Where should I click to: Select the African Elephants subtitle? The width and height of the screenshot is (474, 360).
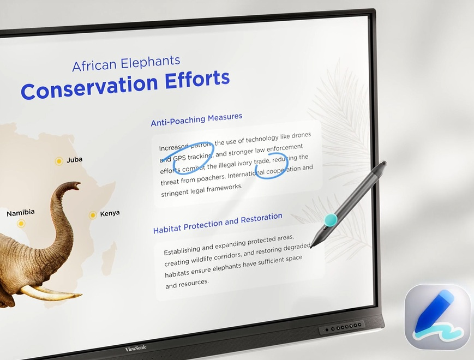[126, 63]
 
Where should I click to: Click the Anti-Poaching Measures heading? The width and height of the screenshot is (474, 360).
[196, 119]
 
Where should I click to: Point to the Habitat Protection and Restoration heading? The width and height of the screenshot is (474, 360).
[218, 223]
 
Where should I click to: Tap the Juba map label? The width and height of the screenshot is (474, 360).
[74, 160]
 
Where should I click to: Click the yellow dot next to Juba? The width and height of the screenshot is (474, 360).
[59, 161]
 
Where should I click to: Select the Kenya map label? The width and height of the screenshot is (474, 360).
[110, 213]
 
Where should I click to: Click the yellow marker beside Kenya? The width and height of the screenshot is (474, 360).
[93, 215]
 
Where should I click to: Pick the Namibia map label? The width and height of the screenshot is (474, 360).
[21, 213]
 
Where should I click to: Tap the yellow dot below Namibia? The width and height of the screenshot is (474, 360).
[21, 224]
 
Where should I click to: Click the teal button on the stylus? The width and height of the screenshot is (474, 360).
[331, 220]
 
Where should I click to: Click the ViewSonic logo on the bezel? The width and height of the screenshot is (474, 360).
[136, 349]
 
